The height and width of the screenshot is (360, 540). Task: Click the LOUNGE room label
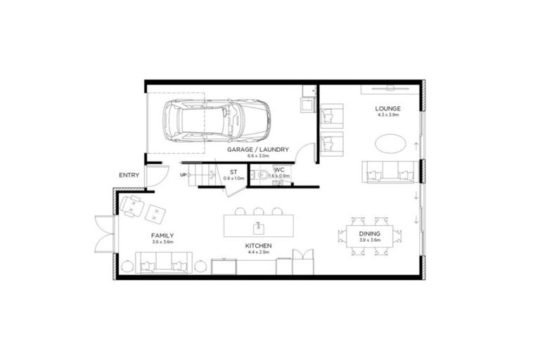[x=388, y=108]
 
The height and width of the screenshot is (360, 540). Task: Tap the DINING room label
[x=369, y=233]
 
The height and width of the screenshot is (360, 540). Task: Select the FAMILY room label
[x=162, y=236]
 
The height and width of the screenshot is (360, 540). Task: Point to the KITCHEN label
[x=259, y=247]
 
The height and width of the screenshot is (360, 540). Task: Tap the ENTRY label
[x=129, y=175]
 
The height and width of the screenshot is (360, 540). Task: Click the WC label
[x=278, y=170]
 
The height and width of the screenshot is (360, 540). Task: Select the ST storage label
[x=233, y=172]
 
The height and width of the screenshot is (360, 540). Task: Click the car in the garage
[x=215, y=120]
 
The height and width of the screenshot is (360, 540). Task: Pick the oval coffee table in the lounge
[x=389, y=143]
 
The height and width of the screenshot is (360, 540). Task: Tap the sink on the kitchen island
[x=259, y=227]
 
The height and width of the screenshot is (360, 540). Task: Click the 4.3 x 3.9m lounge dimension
[x=388, y=115]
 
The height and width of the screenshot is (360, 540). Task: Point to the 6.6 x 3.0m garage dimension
[x=255, y=157]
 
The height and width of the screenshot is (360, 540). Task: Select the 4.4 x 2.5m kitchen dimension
[x=259, y=253]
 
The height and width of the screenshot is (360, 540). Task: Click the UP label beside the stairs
[x=184, y=174]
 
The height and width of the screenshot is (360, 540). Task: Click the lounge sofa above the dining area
[x=388, y=171]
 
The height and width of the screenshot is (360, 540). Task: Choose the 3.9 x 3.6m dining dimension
[x=369, y=240]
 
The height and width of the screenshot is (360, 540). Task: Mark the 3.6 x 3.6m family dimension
[x=162, y=242]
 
